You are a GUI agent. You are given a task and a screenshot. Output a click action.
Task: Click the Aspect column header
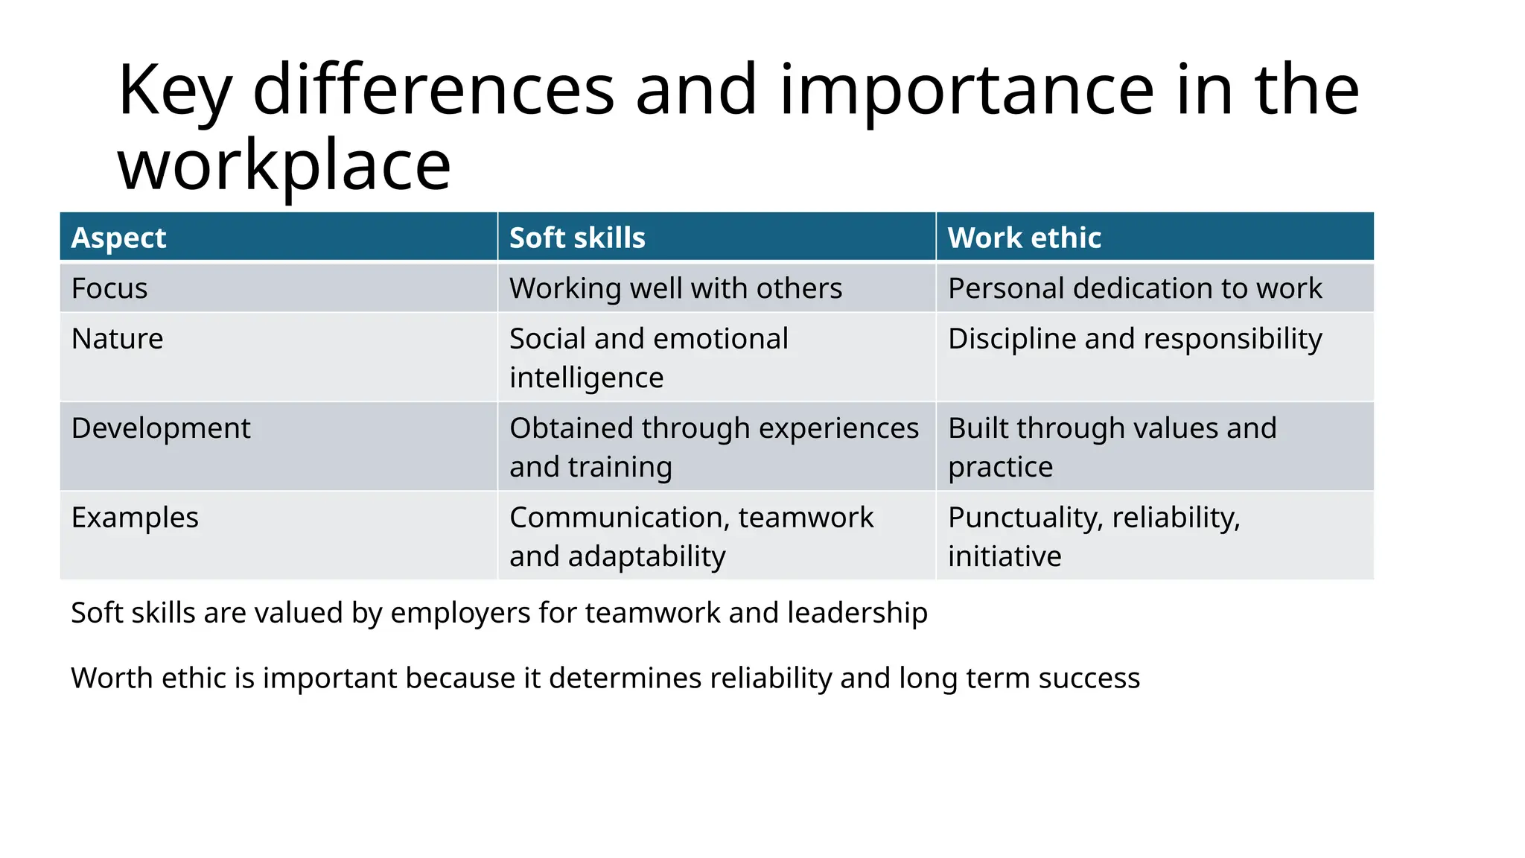[118, 238]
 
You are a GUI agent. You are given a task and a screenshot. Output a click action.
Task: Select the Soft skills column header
[577, 238]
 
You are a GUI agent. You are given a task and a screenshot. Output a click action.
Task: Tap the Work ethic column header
[1024, 238]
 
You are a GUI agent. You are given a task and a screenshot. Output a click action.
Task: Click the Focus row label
[109, 288]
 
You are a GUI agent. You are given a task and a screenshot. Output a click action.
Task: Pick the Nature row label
[117, 339]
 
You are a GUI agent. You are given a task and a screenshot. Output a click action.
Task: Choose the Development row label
[161, 428]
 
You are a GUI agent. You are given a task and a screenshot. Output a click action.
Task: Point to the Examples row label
[135, 518]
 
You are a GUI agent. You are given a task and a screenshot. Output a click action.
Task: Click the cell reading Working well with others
[675, 288]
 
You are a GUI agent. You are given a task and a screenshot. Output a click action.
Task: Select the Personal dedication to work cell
[1134, 288]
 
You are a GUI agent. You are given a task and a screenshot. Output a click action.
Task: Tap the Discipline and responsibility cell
[1134, 339]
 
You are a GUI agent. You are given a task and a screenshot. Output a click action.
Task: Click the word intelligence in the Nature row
[586, 378]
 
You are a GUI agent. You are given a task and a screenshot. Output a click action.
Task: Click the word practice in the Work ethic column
[1000, 467]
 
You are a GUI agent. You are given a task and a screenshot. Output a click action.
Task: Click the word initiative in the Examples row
[1005, 556]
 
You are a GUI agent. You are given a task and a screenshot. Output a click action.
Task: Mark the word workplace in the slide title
[284, 165]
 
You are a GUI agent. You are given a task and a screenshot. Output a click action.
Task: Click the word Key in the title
[175, 91]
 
